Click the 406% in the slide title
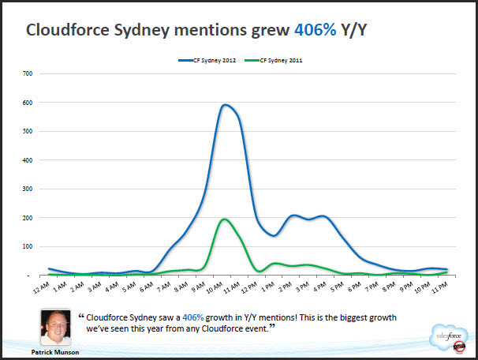point(316,31)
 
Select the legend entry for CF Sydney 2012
point(215,60)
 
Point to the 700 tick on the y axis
point(28,73)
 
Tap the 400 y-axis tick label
point(28,160)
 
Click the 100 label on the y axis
point(28,246)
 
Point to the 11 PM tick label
point(442,289)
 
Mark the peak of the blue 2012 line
point(226,105)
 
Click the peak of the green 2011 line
point(224,219)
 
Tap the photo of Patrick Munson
point(54,324)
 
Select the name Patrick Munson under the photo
point(54,351)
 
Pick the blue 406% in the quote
point(193,317)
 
